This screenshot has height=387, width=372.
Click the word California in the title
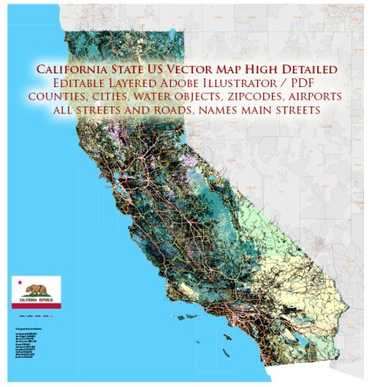click(70, 70)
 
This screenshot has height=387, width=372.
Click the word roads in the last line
click(166, 109)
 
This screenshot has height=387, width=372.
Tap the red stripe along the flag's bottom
click(36, 306)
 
